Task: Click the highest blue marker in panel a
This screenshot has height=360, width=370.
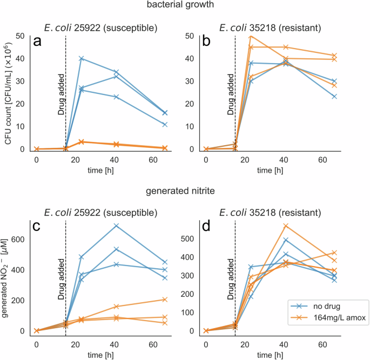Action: pos(82,58)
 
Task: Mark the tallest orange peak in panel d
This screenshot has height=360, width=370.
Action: pos(286,226)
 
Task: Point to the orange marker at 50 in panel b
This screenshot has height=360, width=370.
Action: pos(251,36)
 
